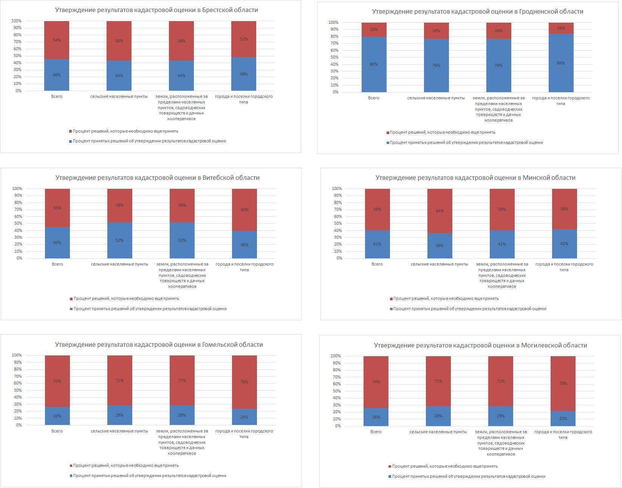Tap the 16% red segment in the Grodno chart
point(561,28)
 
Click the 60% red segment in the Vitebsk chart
point(244,210)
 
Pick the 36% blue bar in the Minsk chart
point(439,246)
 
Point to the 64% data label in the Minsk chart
point(439,211)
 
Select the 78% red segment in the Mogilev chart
point(563,383)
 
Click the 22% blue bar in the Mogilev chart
point(563,419)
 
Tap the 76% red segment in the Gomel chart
point(244,382)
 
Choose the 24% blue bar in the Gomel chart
point(244,417)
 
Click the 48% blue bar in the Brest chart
point(244,74)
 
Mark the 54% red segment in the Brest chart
point(57,40)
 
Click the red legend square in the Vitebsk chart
point(71,299)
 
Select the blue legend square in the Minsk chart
point(391,309)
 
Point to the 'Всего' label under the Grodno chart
point(373,98)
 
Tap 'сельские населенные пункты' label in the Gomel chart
point(119,431)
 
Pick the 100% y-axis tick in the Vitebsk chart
point(17,188)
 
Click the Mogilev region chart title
point(480,345)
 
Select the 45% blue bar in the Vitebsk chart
point(57,242)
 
